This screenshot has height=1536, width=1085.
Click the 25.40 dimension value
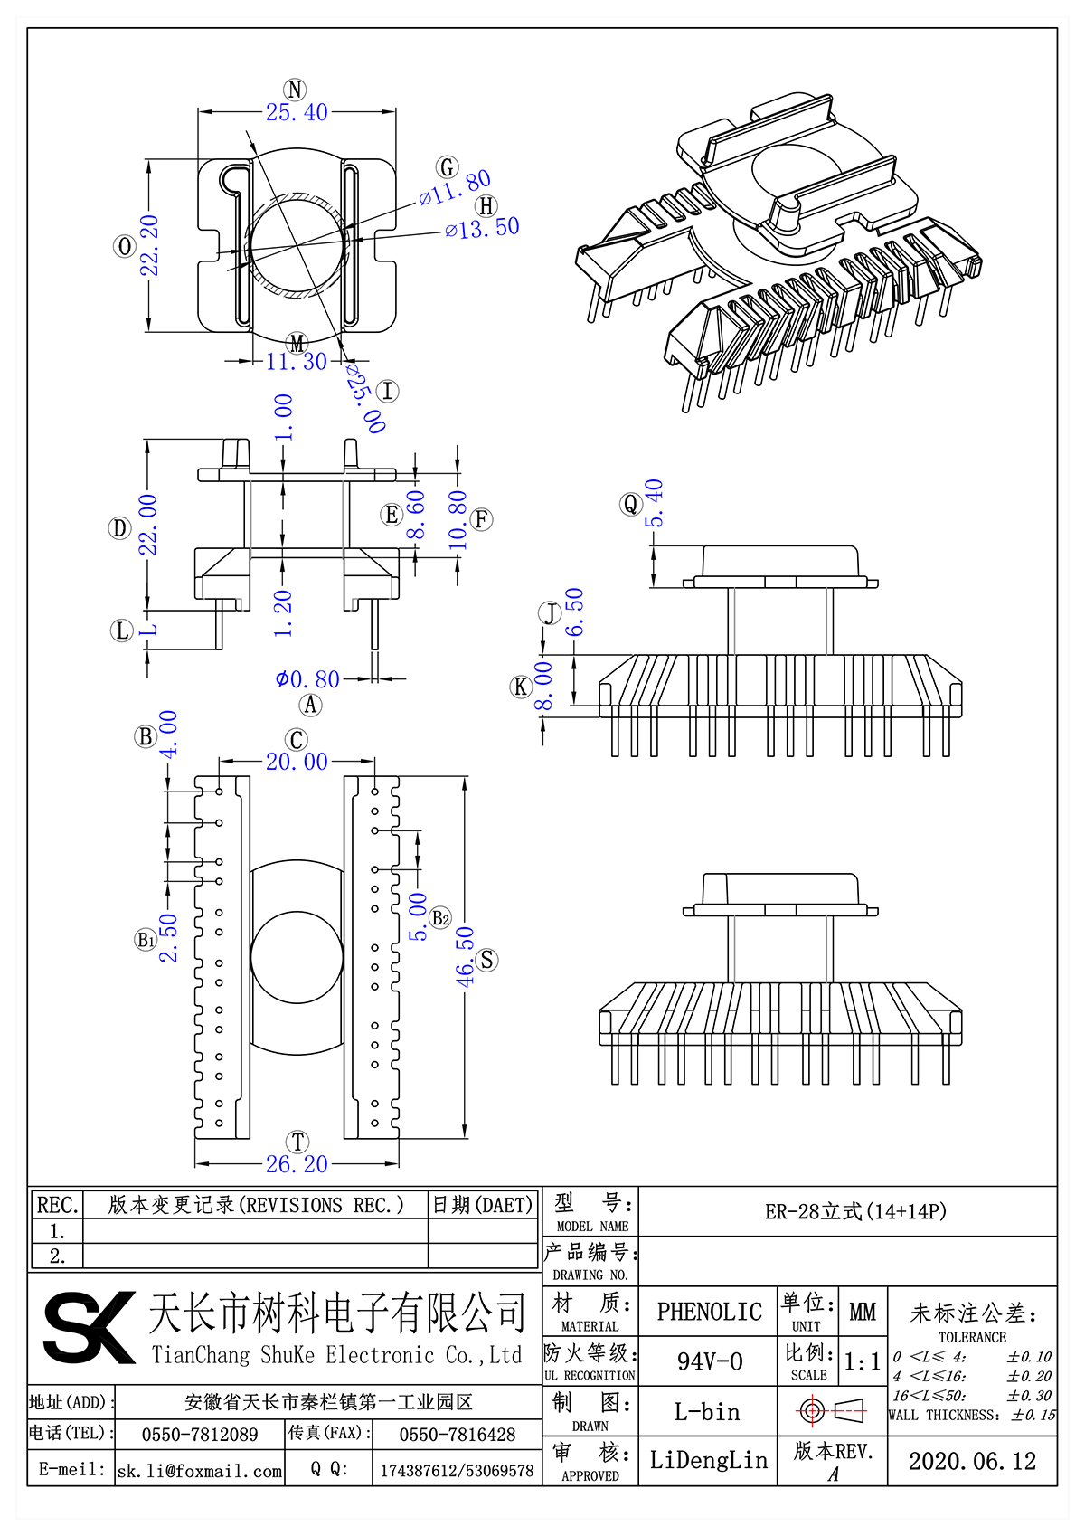click(x=297, y=112)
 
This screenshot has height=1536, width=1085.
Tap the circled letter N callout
click(x=295, y=89)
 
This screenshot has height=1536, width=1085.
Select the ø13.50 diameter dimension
click(x=482, y=228)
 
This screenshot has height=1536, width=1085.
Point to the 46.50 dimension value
click(x=465, y=956)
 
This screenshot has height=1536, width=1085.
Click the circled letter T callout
click(x=297, y=1143)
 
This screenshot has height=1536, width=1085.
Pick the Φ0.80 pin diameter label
click(x=307, y=678)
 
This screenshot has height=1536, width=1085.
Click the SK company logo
click(x=88, y=1326)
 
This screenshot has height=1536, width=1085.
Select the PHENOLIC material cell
click(x=709, y=1312)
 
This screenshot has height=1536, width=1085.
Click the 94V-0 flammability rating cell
click(x=709, y=1361)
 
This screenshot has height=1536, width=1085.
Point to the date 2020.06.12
click(x=972, y=1461)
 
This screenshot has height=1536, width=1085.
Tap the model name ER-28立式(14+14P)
click(x=855, y=1211)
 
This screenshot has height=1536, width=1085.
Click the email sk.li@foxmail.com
click(x=200, y=1471)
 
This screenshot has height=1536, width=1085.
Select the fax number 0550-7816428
click(x=458, y=1435)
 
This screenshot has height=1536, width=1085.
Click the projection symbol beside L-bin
click(x=832, y=1410)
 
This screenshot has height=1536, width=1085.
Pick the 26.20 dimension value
click(x=297, y=1164)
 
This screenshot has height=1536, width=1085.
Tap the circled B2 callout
click(x=440, y=918)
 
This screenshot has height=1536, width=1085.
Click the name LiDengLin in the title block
click(x=708, y=1460)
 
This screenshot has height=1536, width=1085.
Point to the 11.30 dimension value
click(x=297, y=361)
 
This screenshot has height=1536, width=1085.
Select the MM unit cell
click(x=863, y=1312)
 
